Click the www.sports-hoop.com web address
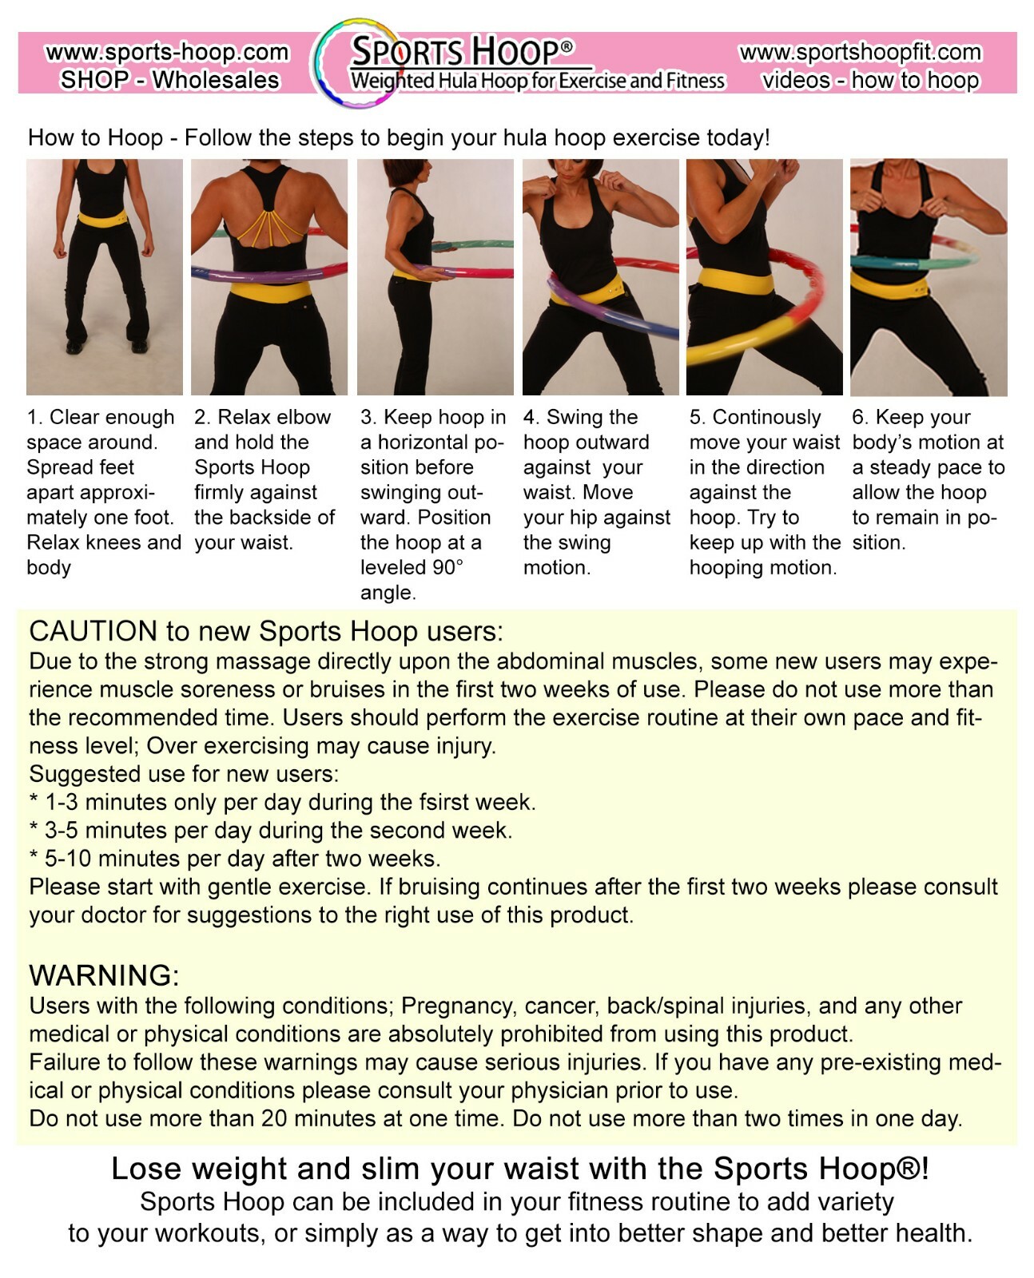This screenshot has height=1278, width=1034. [x=167, y=53]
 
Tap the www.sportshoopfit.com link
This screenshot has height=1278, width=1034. [x=861, y=53]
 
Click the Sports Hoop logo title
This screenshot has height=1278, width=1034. [x=461, y=52]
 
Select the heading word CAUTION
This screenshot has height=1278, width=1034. [x=93, y=631]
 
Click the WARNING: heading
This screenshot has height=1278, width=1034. [x=104, y=975]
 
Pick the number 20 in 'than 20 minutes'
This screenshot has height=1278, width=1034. [x=274, y=1118]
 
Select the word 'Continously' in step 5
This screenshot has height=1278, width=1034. [x=766, y=418]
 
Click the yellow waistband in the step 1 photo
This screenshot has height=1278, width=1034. [x=105, y=217]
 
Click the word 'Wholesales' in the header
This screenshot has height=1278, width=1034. [x=216, y=80]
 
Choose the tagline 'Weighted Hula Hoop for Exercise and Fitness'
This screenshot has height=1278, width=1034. [x=537, y=81]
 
